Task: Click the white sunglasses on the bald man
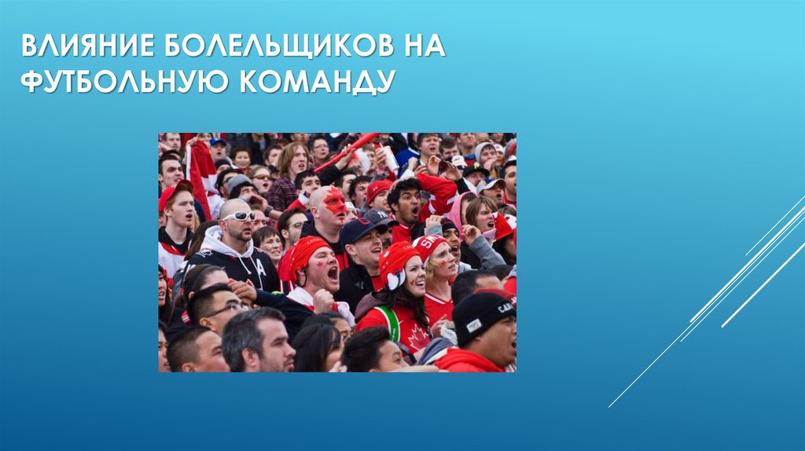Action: [x=239, y=215]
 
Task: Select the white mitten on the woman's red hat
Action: [x=393, y=277]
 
